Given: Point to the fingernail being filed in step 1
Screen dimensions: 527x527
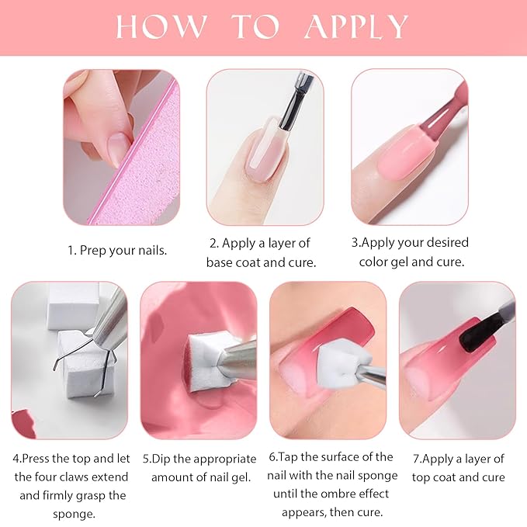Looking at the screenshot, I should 117,147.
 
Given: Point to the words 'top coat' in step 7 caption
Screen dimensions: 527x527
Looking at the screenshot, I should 439,477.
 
